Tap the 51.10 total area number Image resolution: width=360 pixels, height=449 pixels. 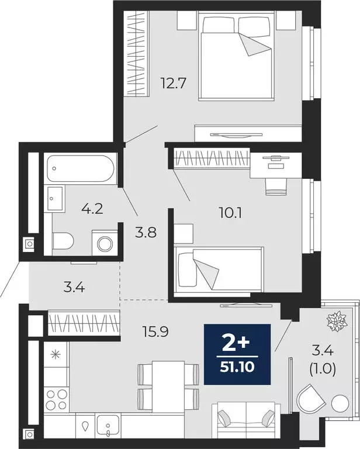(x=237, y=368)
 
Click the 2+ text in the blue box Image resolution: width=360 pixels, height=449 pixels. (x=237, y=342)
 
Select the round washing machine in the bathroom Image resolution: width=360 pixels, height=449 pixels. (x=105, y=243)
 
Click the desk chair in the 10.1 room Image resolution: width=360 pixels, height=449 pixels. (x=275, y=185)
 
